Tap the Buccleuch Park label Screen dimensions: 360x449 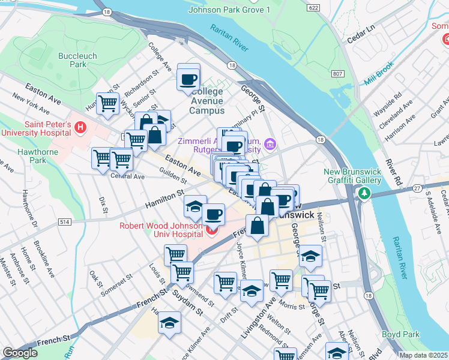coord(73,59)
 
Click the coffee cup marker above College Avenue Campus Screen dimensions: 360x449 coord(189,78)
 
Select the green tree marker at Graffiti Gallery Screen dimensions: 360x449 coord(363,193)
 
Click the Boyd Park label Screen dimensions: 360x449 coord(399,334)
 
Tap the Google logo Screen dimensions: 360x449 coord(20,353)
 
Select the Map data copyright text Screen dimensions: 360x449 coord(423,355)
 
